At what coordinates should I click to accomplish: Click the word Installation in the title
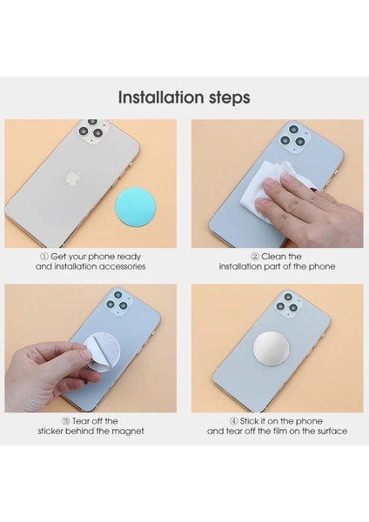(x=155, y=94)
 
